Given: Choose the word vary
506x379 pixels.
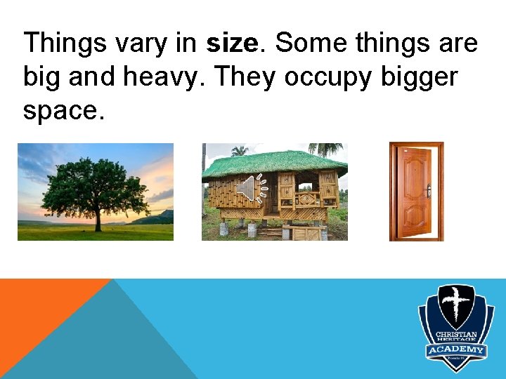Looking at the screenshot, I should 142,44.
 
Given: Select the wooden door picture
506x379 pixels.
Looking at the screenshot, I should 417,192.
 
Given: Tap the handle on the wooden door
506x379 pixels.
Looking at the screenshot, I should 428,190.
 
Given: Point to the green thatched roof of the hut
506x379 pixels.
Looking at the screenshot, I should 274,163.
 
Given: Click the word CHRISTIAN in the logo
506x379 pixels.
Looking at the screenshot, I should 456,335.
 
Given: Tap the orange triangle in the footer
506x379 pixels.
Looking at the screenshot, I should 42,309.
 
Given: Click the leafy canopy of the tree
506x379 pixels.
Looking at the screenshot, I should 96,182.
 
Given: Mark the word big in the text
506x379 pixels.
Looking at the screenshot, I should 43,77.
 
